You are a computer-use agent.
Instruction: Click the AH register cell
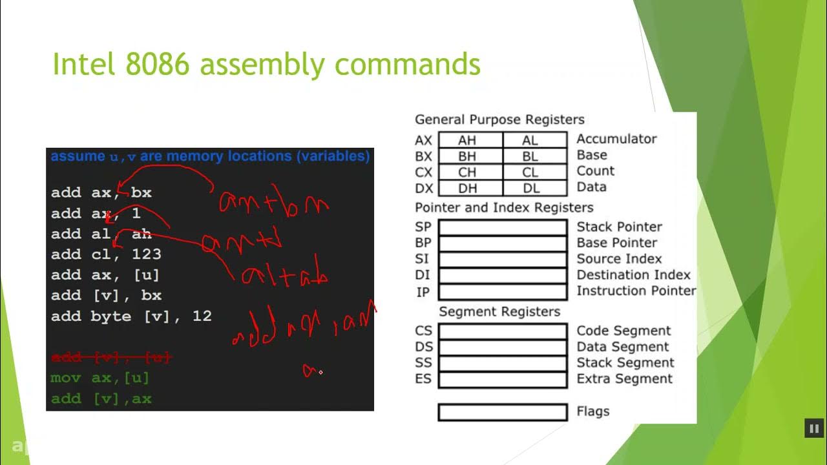pos(470,139)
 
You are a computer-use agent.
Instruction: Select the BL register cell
pos(535,156)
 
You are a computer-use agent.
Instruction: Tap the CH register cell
pos(470,172)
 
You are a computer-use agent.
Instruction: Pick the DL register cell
pos(535,188)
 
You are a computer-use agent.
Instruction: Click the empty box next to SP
pos(503,227)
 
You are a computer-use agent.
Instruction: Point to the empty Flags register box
pos(503,412)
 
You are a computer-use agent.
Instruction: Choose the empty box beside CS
pos(503,331)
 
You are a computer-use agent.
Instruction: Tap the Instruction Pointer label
pos(636,291)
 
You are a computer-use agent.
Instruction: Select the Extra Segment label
pos(624,379)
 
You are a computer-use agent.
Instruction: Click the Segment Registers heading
pos(499,312)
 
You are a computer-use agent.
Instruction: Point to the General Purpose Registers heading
pos(499,119)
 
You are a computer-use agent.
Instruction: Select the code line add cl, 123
pos(106,254)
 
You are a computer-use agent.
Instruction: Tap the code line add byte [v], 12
pos(131,316)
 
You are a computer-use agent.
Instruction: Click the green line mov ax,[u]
pos(100,378)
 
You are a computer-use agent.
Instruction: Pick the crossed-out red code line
pos(110,357)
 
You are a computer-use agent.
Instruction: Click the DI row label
pos(423,275)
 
